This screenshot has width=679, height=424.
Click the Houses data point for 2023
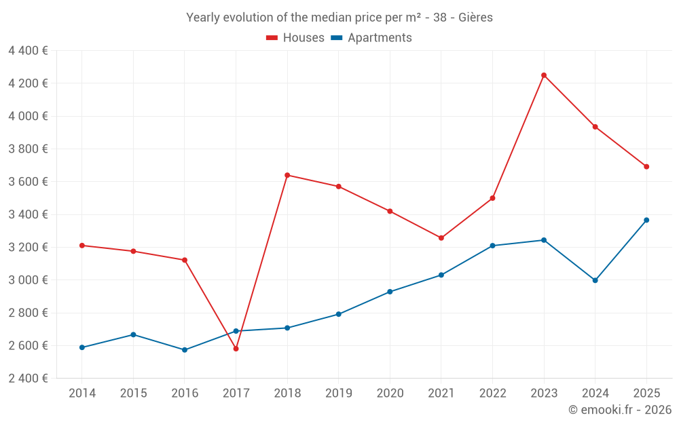(x=543, y=75)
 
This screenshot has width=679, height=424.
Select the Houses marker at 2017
(x=236, y=349)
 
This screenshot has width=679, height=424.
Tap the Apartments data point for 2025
(x=646, y=220)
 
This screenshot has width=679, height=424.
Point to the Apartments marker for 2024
(x=595, y=280)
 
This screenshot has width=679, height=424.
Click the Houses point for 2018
(x=287, y=175)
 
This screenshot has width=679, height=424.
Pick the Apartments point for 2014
(x=81, y=347)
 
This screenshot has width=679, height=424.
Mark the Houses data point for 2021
(x=441, y=238)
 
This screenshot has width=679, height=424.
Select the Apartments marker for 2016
(x=185, y=350)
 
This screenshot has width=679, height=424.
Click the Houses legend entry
(x=295, y=38)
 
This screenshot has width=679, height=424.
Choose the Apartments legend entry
(x=371, y=38)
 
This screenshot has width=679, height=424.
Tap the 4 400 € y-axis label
(x=28, y=50)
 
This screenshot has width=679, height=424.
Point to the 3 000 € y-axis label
(x=28, y=280)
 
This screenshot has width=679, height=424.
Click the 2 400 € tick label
(x=28, y=379)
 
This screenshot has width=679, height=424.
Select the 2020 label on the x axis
(x=390, y=393)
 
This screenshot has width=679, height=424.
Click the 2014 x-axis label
(x=81, y=393)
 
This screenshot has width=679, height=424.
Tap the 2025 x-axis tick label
(x=646, y=393)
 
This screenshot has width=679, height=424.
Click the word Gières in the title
(x=475, y=18)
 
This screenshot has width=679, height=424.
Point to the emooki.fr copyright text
(x=619, y=410)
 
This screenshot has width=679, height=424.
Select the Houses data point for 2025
(x=646, y=167)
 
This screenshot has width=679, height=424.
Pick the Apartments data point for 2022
(x=492, y=246)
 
